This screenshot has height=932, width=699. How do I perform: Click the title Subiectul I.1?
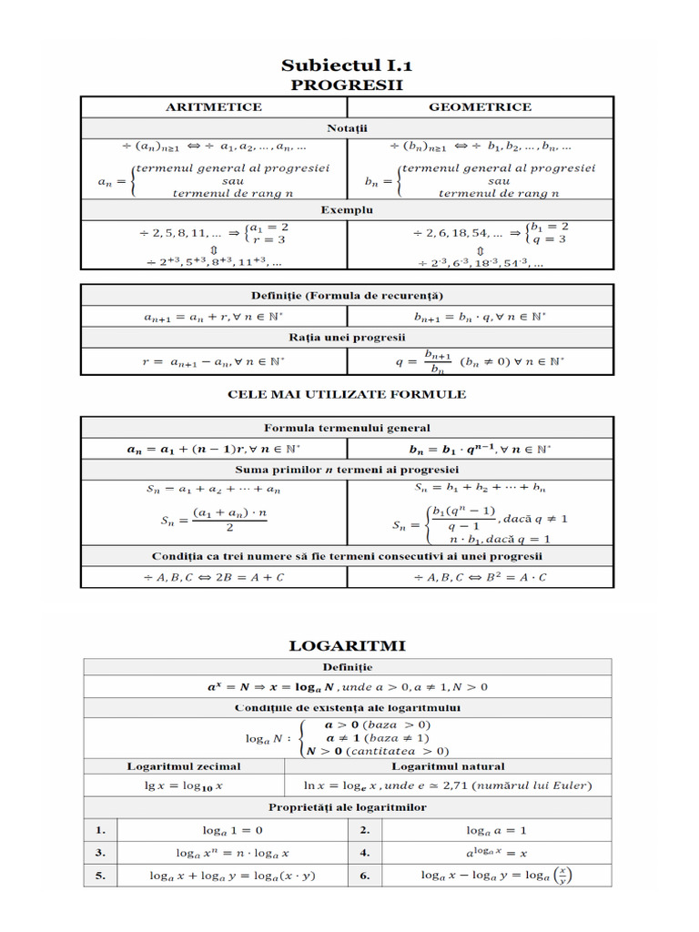click(x=346, y=65)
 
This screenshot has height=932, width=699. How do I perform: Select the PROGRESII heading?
click(x=346, y=85)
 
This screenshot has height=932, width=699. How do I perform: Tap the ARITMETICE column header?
click(x=213, y=107)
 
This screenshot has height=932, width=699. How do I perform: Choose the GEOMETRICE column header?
click(x=480, y=107)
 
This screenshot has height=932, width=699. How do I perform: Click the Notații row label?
click(x=346, y=127)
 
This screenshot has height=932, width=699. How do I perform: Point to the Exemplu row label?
click(x=346, y=209)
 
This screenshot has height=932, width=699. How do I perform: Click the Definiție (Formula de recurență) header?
click(x=346, y=296)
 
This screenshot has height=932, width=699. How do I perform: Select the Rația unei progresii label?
click(x=346, y=338)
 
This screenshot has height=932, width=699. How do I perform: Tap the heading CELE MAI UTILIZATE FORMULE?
click(x=346, y=394)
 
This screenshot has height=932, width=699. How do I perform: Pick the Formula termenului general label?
click(x=346, y=428)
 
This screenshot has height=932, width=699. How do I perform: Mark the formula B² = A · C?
click(x=480, y=577)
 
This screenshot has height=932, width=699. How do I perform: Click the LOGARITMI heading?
click(x=347, y=645)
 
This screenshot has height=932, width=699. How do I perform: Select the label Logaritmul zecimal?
click(x=191, y=766)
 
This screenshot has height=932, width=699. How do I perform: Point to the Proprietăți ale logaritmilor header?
click(x=347, y=807)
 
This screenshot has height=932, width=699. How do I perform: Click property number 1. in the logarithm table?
click(x=100, y=830)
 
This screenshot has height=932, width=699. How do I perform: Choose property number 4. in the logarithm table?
click(x=364, y=853)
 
